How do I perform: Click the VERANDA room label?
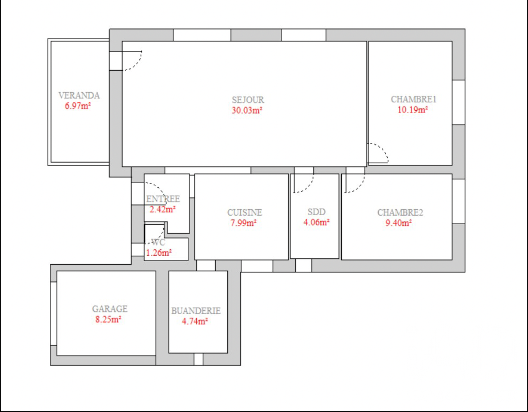point(79,95)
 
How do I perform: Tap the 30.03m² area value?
point(247,110)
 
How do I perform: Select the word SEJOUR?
point(248,100)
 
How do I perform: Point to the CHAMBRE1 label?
point(413,99)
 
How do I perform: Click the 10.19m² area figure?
point(413,110)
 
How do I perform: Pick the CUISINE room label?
point(245,212)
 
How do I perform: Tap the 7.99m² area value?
point(243,223)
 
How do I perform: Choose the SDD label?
point(316,212)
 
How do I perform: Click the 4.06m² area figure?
point(316,222)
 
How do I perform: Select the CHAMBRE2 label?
point(400,212)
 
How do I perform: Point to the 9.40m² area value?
point(398,223)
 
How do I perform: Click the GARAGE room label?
point(110,309)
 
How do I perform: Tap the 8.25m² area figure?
point(108,319)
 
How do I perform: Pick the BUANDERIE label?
point(196,311)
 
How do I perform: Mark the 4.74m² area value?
point(195,321)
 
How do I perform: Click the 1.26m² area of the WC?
point(159,253)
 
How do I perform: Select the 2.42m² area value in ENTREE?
point(162,209)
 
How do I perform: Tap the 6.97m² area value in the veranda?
point(78,106)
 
